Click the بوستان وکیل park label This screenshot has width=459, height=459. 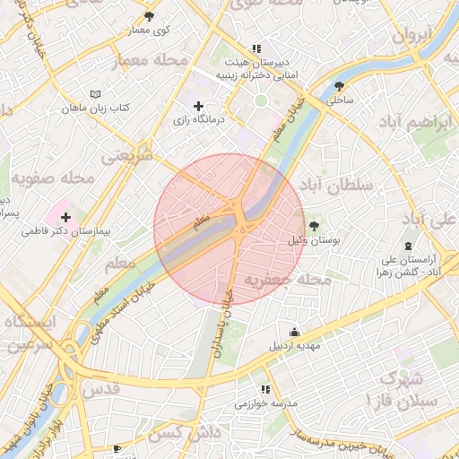[312, 240]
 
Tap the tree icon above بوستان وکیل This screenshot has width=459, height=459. [313, 225]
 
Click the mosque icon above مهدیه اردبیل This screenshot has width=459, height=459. [293, 331]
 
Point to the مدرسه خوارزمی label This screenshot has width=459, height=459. [264, 403]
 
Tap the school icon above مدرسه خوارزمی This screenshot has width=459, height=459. [264, 389]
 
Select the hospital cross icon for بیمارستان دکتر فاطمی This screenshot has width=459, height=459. [65, 216]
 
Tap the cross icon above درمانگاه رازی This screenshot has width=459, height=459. [198, 107]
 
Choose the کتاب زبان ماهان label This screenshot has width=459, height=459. [95, 108]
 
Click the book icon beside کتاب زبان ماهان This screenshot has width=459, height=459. [96, 93]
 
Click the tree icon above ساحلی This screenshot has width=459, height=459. [339, 86]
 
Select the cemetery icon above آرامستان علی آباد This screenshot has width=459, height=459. [409, 245]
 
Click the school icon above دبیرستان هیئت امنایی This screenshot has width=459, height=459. [256, 48]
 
